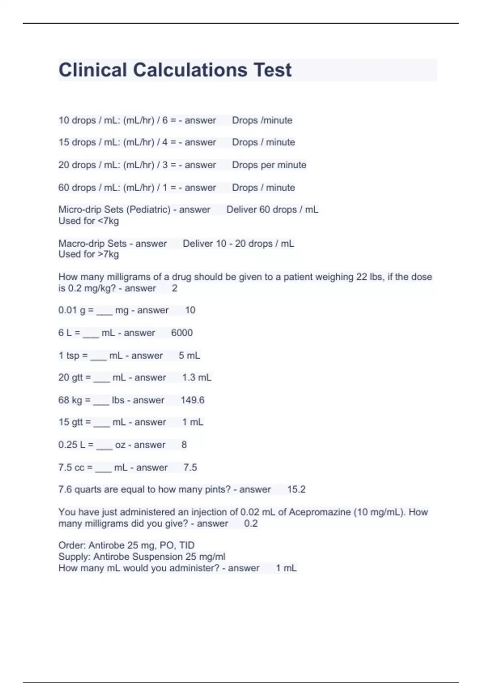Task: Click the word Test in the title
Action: (272, 70)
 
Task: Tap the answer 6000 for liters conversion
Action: (182, 333)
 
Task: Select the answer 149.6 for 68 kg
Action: (192, 400)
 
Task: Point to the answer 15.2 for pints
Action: (296, 489)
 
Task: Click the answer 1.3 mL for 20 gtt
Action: (196, 377)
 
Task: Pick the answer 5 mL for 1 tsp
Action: (189, 356)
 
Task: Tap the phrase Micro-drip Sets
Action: (92, 209)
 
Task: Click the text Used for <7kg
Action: (88, 221)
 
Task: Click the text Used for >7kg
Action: (88, 254)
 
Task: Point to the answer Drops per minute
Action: (269, 165)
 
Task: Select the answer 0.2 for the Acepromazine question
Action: (251, 523)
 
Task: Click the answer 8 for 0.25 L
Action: (184, 445)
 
